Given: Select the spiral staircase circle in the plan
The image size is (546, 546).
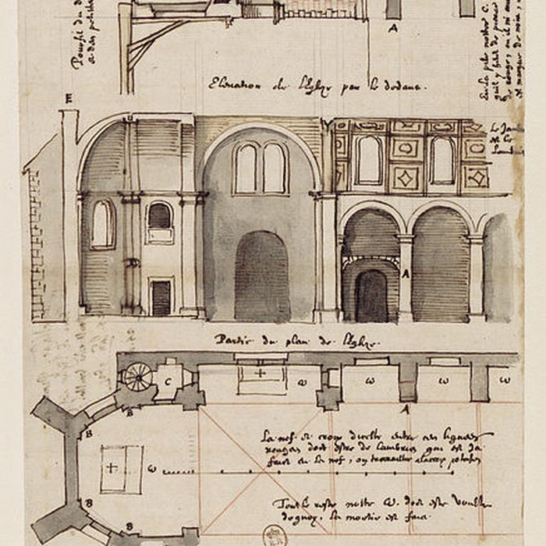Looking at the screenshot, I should (x=138, y=377).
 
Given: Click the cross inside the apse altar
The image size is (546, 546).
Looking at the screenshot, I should (x=112, y=468).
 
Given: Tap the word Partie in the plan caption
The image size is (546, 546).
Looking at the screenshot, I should (x=232, y=341).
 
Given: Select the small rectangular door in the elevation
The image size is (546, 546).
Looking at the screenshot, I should (x=161, y=297).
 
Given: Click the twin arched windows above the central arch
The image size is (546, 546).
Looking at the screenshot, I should (x=261, y=168).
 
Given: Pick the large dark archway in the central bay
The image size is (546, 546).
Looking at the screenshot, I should (x=262, y=277).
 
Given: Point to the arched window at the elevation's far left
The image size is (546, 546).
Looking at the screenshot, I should (x=102, y=224).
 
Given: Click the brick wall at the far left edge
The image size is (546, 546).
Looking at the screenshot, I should (x=35, y=242).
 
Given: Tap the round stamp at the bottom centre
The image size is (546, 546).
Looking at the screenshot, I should (x=274, y=534).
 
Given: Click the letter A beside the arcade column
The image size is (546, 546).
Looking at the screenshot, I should (x=406, y=274).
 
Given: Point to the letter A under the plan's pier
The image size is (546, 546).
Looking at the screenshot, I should (x=406, y=408).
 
